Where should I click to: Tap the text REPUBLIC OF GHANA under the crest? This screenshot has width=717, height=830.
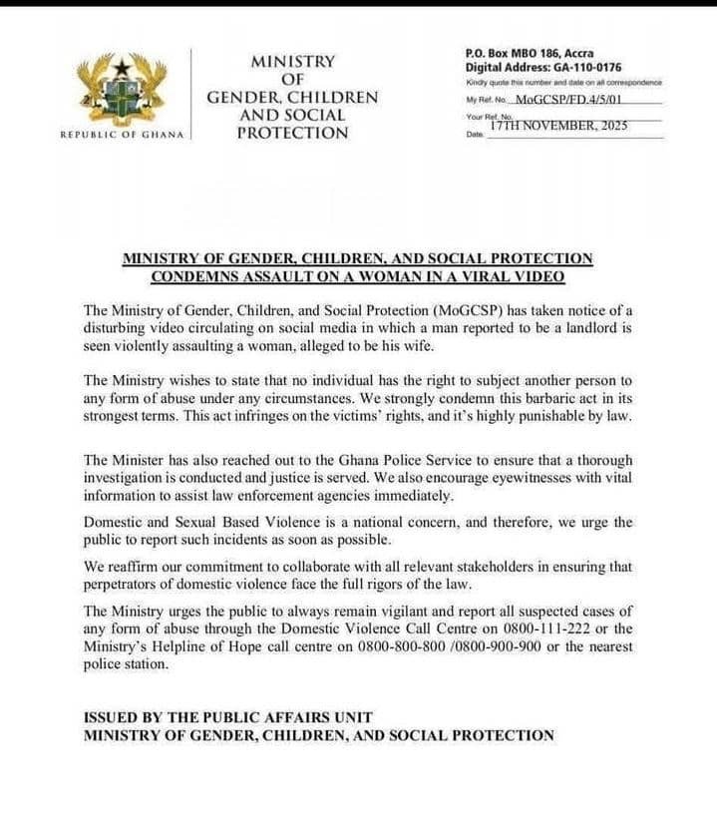[x=123, y=135]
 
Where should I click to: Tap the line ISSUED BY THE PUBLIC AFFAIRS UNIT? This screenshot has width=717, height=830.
[x=227, y=717]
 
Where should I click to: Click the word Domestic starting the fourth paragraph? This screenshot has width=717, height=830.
[x=114, y=523]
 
